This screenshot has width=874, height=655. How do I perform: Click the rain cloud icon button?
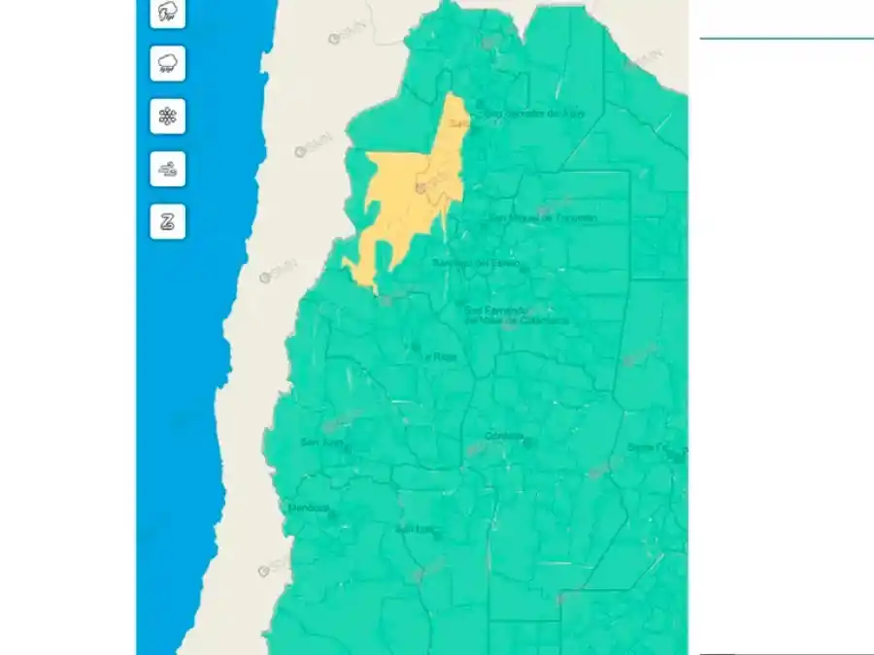pyautogui.click(x=168, y=64)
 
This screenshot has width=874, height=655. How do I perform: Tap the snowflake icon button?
pyautogui.click(x=168, y=116)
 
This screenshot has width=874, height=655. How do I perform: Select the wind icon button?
pyautogui.click(x=168, y=170)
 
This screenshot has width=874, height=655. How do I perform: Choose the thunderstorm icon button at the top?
pyautogui.click(x=168, y=12)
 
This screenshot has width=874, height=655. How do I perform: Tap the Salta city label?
pyautogui.click(x=457, y=124)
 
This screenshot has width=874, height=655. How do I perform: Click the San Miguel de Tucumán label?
pyautogui.click(x=543, y=218)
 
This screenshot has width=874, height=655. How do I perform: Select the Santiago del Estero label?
pyautogui.click(x=476, y=263)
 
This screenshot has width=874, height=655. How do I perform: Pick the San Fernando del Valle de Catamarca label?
pyautogui.click(x=515, y=315)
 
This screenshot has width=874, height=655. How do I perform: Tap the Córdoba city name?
pyautogui.click(x=502, y=435)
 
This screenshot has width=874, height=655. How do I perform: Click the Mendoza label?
pyautogui.click(x=309, y=508)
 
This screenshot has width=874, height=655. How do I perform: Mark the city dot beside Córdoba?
pyautogui.click(x=527, y=442)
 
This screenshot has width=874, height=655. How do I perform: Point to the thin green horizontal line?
pyautogui.click(x=787, y=38)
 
